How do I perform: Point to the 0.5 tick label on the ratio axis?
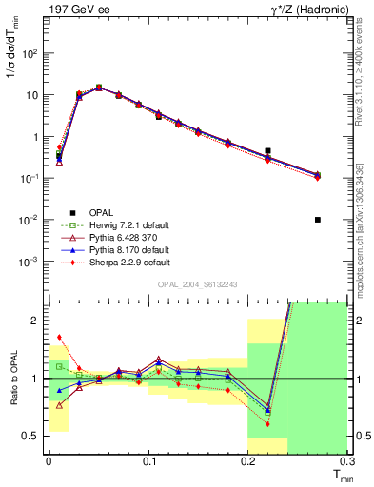click(x=34, y=436)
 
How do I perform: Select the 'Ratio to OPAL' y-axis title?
click(x=12, y=378)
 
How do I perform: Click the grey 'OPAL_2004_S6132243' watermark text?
click(x=197, y=284)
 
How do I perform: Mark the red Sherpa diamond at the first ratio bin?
click(x=59, y=336)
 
